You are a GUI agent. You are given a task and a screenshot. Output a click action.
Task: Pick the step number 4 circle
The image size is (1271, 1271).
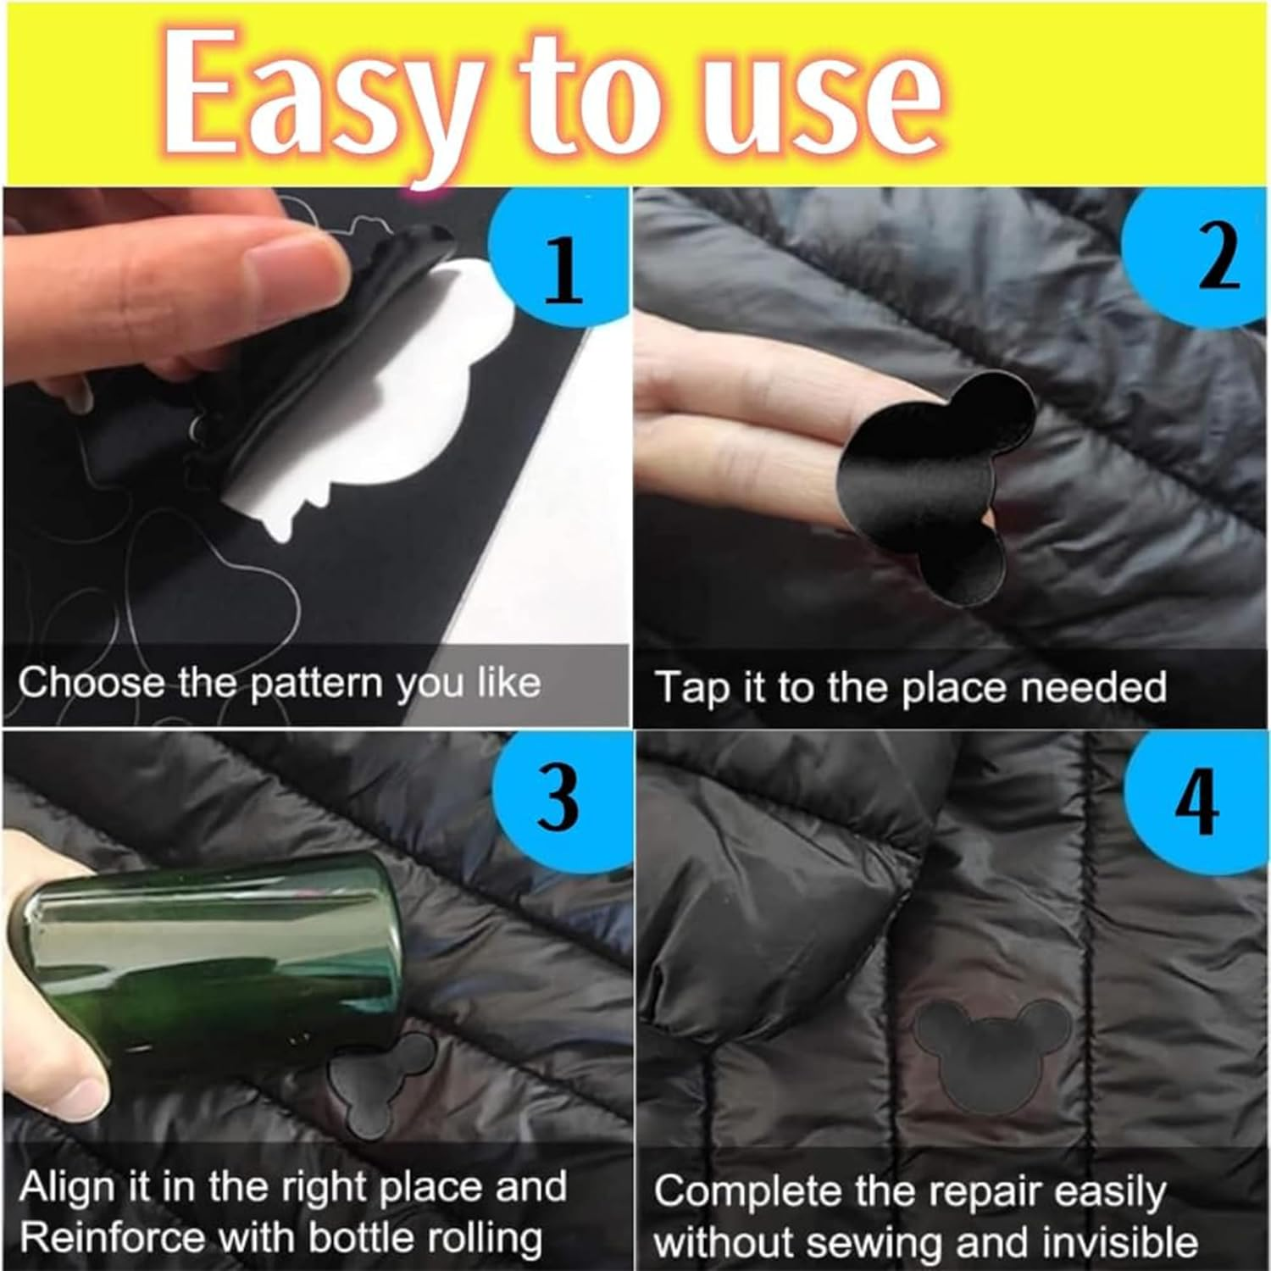[x=1199, y=801]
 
